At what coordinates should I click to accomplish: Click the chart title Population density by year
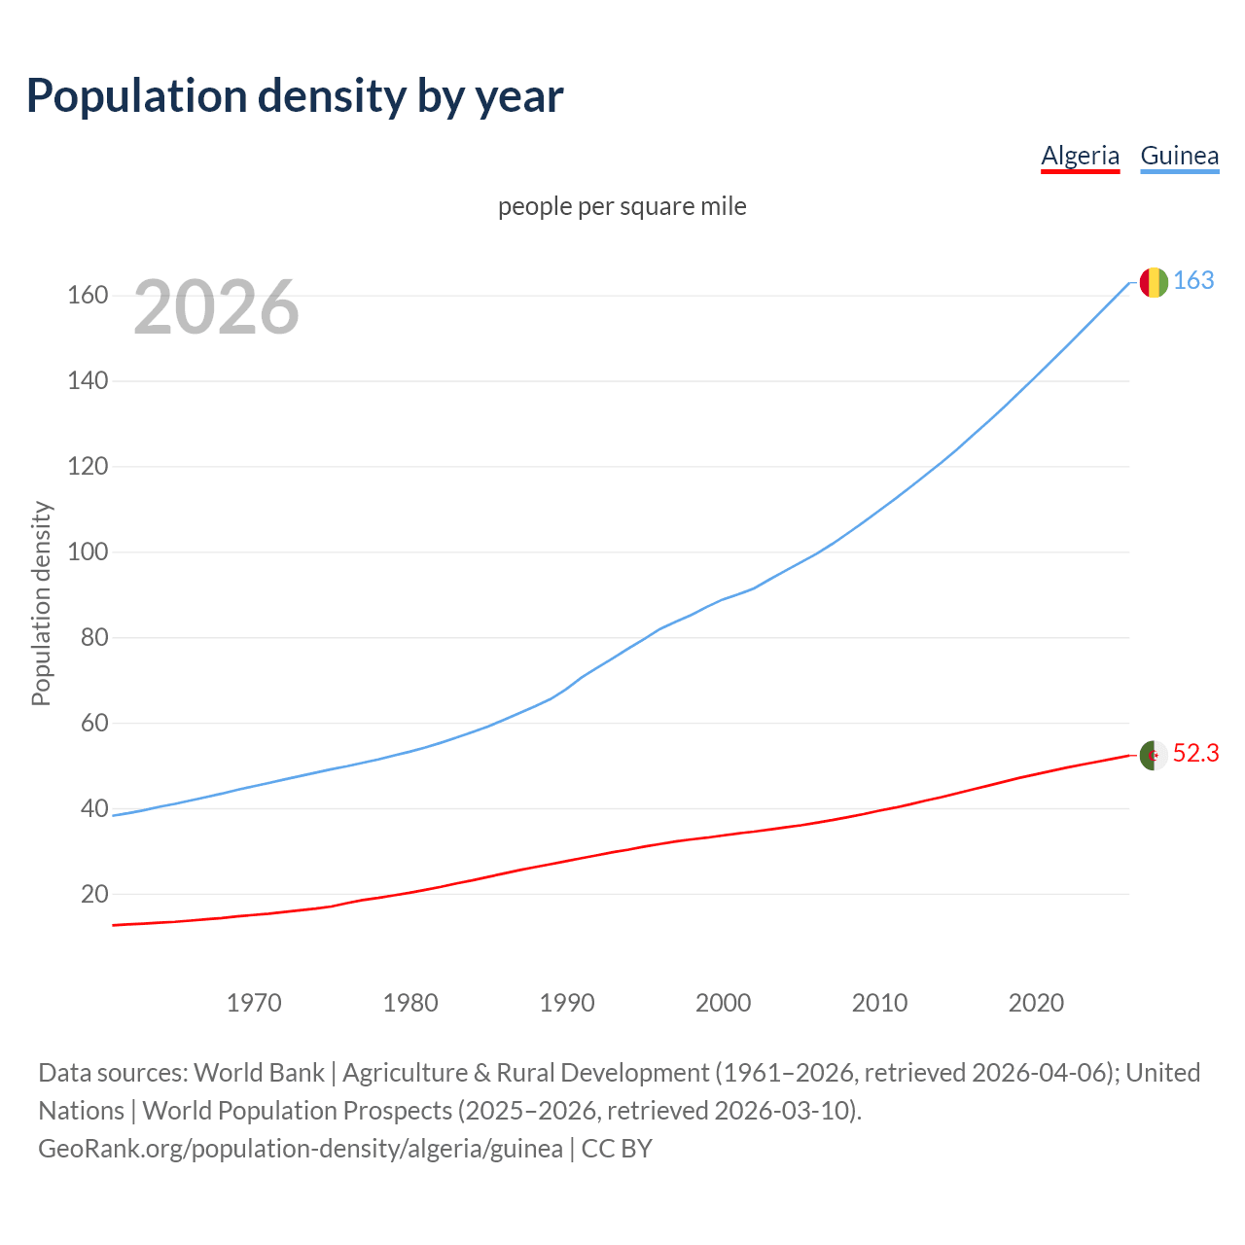click(295, 96)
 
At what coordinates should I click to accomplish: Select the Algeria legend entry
click(1080, 156)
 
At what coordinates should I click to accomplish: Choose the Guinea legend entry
click(1179, 156)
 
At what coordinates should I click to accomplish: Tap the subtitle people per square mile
click(622, 206)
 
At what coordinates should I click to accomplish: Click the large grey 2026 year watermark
click(216, 307)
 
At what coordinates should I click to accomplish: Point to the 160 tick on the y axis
click(88, 295)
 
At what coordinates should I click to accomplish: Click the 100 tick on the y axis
click(88, 551)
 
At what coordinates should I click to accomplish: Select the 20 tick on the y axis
click(94, 894)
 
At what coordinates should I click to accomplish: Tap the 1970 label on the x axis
click(254, 1003)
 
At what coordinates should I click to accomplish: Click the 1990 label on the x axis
click(567, 1003)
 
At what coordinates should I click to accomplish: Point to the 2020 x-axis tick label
click(1036, 1003)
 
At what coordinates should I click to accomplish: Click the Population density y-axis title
click(41, 603)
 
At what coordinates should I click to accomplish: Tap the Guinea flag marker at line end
click(1154, 282)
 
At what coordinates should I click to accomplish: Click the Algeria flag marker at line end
click(1154, 755)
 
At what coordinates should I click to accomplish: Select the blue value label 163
click(1193, 281)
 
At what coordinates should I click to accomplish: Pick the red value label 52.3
click(1195, 754)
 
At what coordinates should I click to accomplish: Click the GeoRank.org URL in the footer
click(301, 1149)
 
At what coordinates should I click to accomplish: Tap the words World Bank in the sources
click(259, 1073)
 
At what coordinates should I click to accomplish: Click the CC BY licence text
click(617, 1149)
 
